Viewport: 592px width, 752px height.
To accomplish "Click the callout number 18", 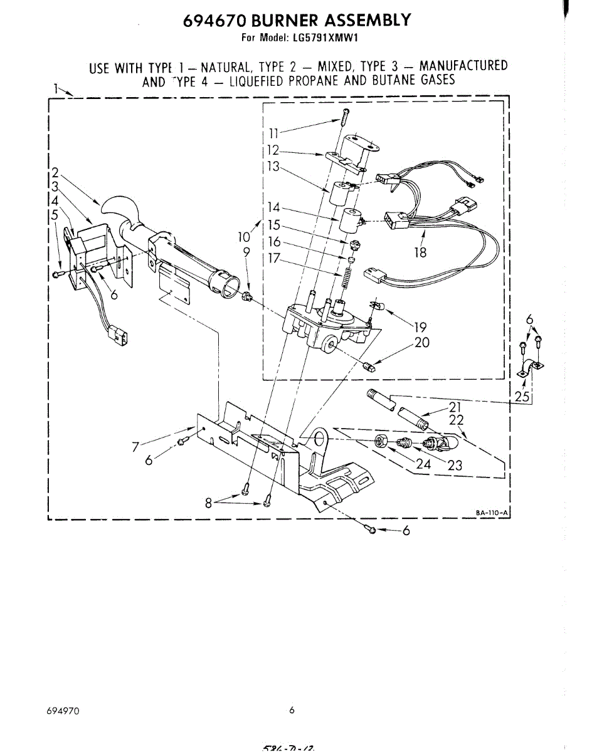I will [x=420, y=253].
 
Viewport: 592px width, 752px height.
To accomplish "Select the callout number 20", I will [x=421, y=343].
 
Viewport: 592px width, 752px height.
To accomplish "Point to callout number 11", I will [x=274, y=133].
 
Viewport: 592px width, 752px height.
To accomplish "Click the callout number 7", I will [x=134, y=447].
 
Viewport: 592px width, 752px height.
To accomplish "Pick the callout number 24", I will [x=424, y=465].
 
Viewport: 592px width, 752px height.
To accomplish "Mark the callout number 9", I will [x=246, y=252].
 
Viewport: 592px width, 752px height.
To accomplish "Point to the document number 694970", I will [x=63, y=711].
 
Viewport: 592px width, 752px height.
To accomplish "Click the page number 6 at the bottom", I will [x=292, y=711].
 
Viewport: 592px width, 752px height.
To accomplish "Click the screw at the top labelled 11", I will [x=346, y=117].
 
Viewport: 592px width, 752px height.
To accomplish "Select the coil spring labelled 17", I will [x=344, y=276].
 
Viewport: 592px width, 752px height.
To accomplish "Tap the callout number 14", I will [x=273, y=208].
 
